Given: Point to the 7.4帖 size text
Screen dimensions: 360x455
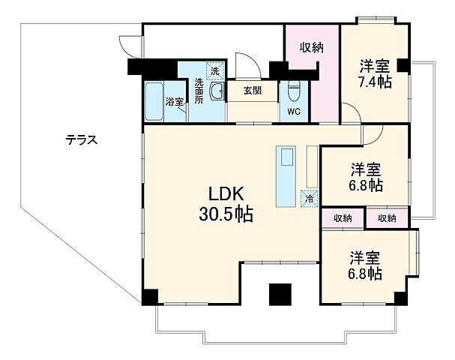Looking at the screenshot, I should click(x=373, y=82).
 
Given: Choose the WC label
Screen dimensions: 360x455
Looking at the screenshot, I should click(x=293, y=112).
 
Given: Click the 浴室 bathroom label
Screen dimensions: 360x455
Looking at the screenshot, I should click(x=175, y=102).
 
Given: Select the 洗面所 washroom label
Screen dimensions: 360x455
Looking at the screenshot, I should click(x=199, y=90).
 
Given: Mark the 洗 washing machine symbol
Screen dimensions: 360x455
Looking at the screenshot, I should click(x=215, y=71).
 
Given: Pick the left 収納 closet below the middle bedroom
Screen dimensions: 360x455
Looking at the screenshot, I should click(x=343, y=218).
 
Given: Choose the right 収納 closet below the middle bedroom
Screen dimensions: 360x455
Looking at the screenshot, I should click(x=387, y=218).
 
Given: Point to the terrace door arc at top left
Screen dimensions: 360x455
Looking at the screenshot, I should click(x=130, y=45).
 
